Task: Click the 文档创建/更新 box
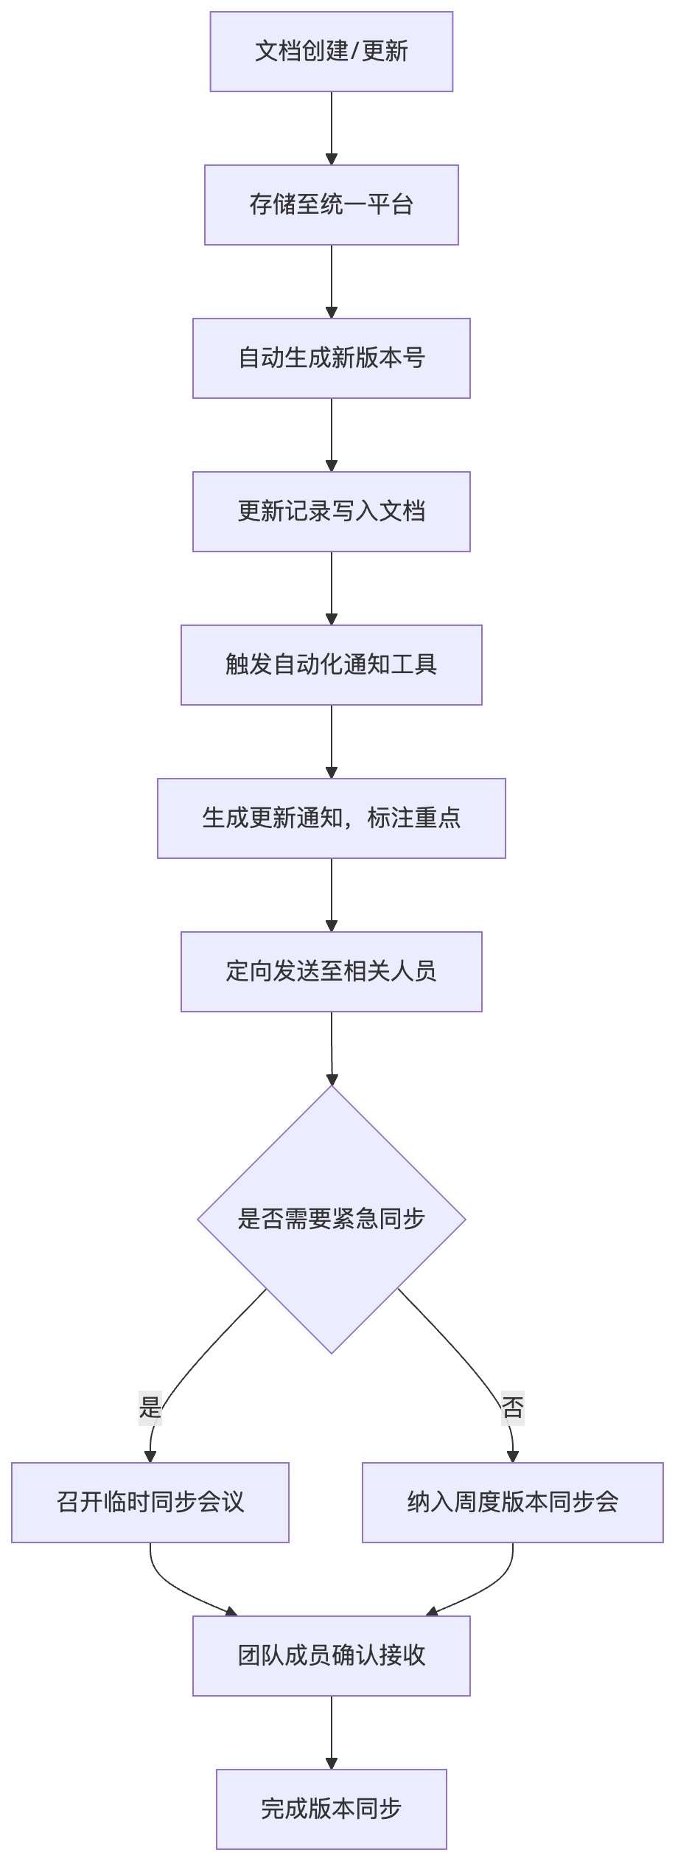332,52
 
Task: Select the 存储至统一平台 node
332,205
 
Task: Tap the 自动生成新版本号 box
332,358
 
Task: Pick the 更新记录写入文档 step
332,512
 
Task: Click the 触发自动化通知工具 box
332,665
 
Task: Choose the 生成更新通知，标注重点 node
332,818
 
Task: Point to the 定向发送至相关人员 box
332,972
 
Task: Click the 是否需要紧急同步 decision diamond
332,1220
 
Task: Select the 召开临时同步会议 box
150,1503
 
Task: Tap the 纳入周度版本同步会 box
513,1503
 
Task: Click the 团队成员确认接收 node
332,1656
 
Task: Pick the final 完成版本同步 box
332,1809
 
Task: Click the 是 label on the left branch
150,1408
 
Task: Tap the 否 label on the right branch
513,1408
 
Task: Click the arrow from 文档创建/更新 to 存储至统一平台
332,128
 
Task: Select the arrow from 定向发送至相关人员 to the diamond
332,1048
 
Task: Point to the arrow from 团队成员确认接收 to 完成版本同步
332,1733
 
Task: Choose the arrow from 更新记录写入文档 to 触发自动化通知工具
332,588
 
